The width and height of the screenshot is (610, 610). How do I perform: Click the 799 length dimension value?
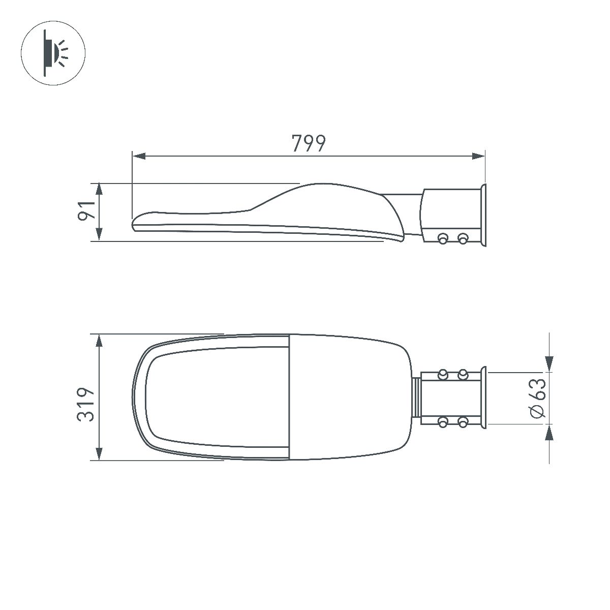(308, 143)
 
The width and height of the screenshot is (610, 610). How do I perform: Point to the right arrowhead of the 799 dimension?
(478, 156)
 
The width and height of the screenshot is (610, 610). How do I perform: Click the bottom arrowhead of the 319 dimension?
(99, 453)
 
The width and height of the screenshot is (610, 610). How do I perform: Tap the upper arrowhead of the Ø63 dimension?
(549, 364)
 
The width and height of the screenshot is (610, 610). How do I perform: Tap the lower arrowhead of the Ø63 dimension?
(549, 433)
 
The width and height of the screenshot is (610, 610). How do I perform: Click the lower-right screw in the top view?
(463, 421)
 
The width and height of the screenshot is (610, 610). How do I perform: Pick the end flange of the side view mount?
(483, 216)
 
